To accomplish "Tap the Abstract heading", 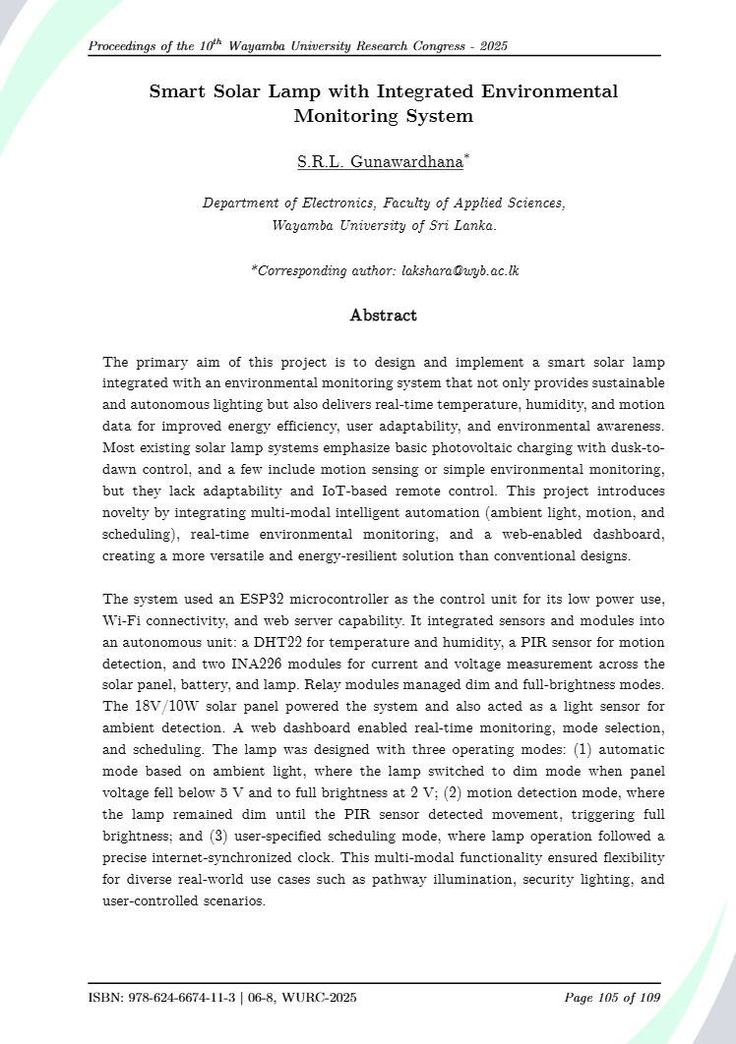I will (x=383, y=316).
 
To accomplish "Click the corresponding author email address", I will (x=460, y=269).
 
